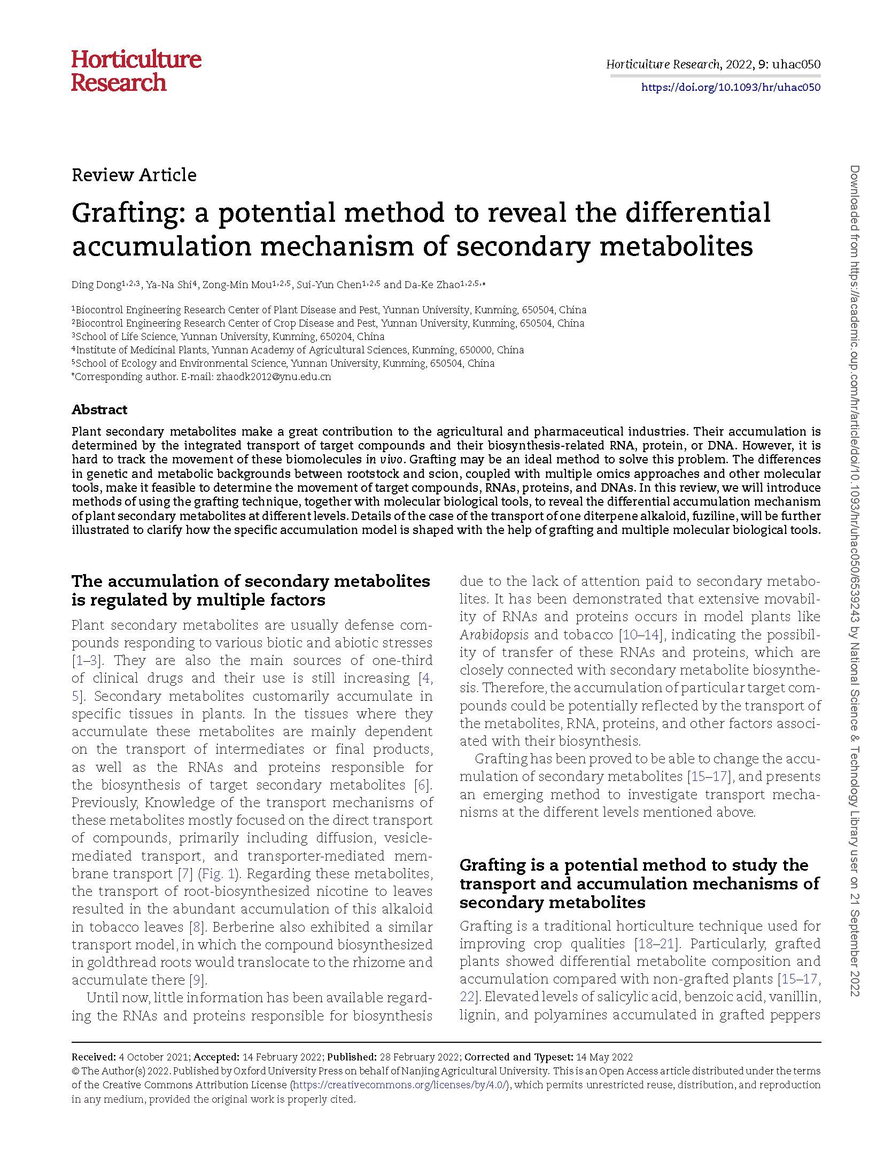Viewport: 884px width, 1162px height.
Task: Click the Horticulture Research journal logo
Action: (x=136, y=71)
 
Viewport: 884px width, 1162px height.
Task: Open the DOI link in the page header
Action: (x=731, y=88)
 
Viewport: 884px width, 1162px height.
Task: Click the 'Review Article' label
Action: (x=134, y=175)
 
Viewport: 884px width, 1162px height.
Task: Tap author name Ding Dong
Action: (x=96, y=285)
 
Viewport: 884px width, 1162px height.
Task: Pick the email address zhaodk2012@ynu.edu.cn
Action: (x=273, y=376)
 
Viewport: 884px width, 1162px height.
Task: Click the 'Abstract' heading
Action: (x=99, y=409)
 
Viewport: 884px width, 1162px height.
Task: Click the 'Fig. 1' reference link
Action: (x=217, y=873)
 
